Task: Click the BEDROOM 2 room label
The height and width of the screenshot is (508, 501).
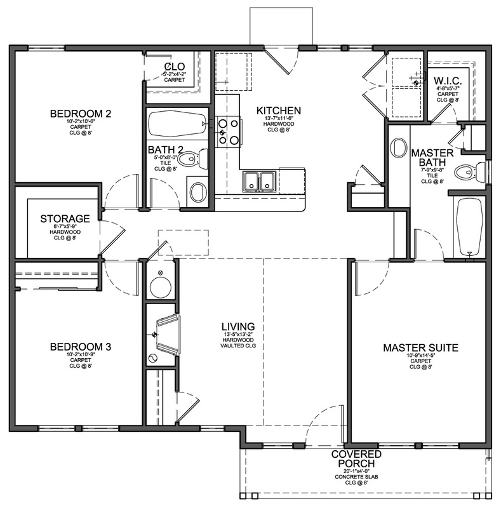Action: click(81, 114)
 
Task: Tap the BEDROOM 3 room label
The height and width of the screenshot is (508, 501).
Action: click(81, 347)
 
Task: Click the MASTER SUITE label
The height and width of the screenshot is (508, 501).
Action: click(420, 348)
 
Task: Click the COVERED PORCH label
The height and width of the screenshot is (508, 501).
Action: click(360, 459)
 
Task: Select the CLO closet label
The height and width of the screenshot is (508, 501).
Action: click(174, 67)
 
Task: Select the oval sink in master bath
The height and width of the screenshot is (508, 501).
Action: click(399, 147)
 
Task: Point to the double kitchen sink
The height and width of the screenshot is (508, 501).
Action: click(260, 181)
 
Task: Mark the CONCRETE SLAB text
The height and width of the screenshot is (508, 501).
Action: click(360, 476)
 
